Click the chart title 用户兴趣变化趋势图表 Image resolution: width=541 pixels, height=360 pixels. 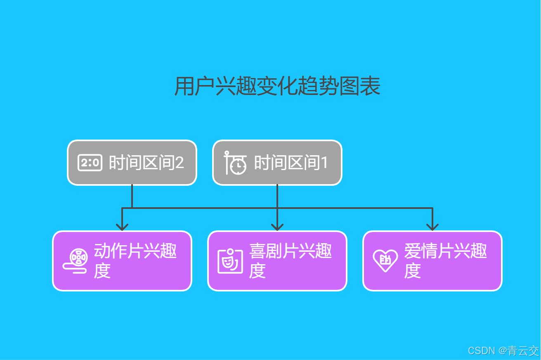277,87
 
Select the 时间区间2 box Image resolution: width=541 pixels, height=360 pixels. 132,163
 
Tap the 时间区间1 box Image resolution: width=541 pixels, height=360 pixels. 277,163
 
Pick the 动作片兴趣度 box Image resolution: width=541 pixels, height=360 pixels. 122,261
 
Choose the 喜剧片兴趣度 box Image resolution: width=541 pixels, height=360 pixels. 277,261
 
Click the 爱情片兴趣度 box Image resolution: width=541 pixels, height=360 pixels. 432,261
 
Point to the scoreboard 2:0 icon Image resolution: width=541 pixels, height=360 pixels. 90,163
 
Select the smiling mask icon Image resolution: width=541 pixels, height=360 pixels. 230,261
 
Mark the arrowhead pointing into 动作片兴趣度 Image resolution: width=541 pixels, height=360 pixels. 122,227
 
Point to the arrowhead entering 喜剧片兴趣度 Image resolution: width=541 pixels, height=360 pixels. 277,227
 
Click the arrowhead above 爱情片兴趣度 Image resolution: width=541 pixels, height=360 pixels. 432,227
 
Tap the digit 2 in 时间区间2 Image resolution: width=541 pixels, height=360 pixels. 179,163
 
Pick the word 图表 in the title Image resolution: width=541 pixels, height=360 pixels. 359,87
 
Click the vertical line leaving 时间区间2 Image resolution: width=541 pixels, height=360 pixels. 132,196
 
